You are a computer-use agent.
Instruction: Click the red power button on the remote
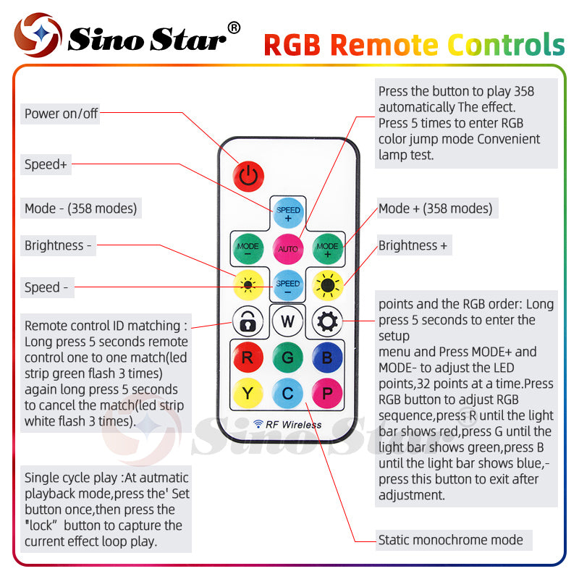point(248,175)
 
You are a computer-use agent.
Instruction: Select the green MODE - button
point(248,250)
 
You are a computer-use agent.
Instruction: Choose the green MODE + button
point(327,250)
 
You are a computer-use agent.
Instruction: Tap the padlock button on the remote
point(248,321)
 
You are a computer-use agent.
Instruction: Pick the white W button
point(287,321)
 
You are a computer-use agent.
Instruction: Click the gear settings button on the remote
point(327,321)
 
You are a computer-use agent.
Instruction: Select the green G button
point(287,357)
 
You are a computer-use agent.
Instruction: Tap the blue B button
point(327,357)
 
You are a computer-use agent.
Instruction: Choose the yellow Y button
point(248,393)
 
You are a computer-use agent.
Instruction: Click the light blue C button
point(287,393)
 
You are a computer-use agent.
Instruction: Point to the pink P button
point(327,393)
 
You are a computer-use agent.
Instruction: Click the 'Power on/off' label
point(61,114)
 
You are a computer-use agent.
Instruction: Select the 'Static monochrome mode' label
point(450,539)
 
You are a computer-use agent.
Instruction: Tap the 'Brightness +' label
point(413,245)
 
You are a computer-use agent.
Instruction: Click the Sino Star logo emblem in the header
point(38,35)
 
